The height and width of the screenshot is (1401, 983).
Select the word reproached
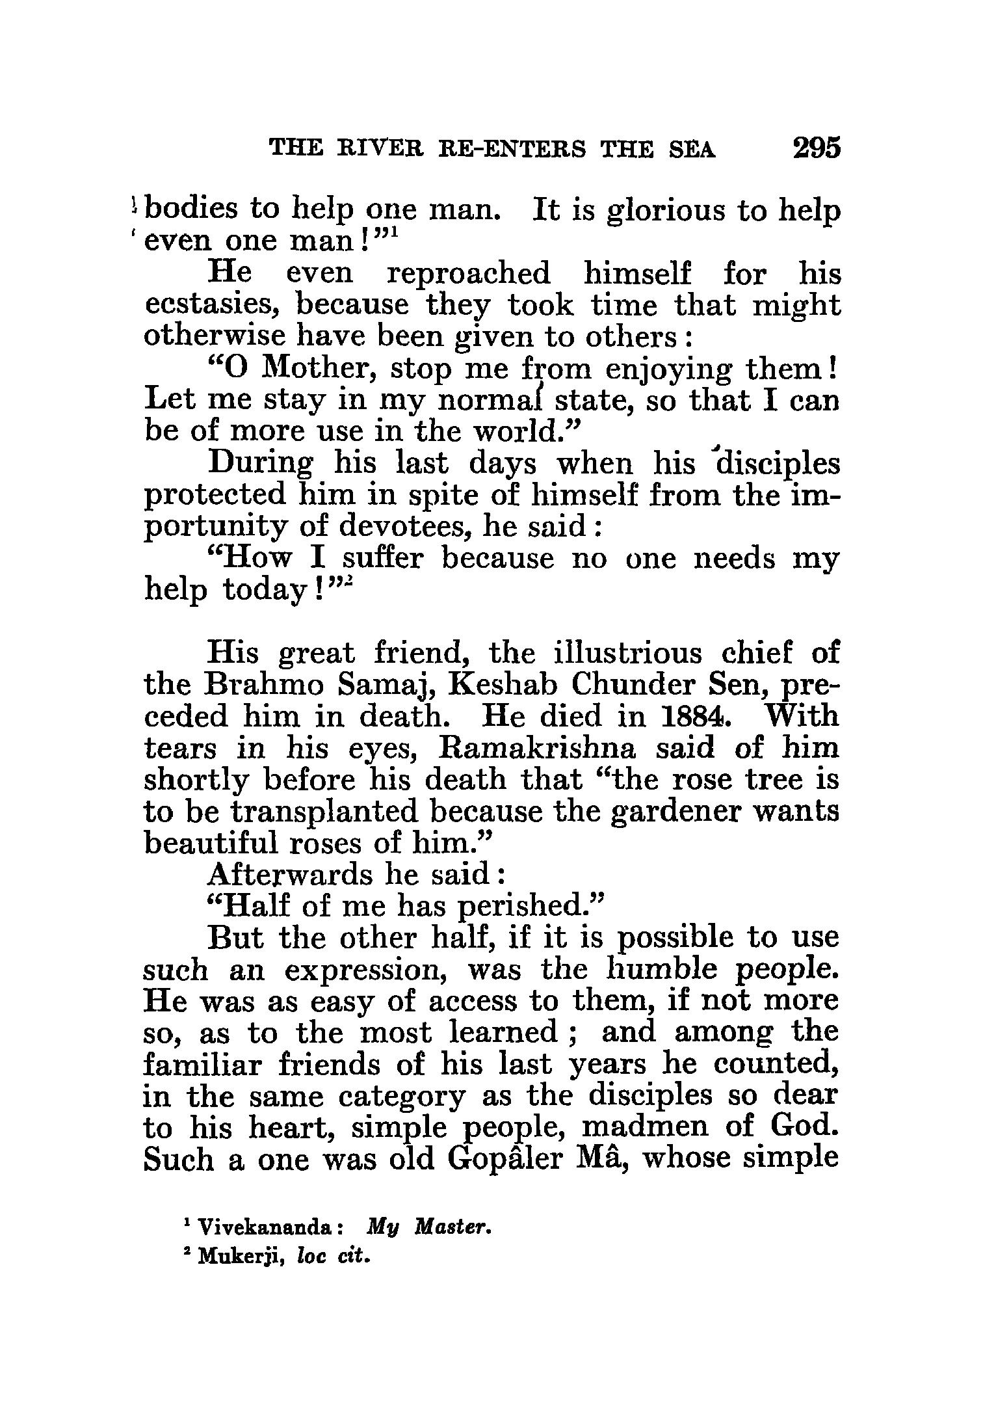tap(468, 273)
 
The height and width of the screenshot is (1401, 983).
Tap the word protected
tap(215, 496)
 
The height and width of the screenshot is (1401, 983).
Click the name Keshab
tap(497, 685)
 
